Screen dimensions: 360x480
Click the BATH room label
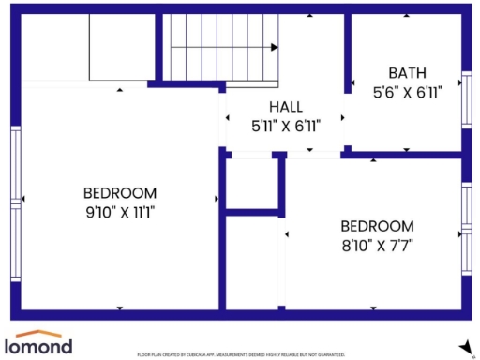pos(408,72)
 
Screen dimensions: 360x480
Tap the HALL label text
pos(285,106)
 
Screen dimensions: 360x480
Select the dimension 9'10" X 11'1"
pos(119,212)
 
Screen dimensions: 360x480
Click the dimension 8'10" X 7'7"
pos(376,245)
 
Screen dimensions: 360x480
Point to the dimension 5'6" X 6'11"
pos(408,92)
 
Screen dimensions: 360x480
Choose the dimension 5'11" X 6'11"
pos(285,125)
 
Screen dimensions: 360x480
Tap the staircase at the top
pos(223,47)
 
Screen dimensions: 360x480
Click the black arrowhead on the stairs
pos(275,47)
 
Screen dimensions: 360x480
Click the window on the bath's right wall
pos(466,97)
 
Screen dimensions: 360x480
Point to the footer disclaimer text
pos(241,355)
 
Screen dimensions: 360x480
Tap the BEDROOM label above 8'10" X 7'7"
pos(376,226)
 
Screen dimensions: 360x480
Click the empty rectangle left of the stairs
pos(127,47)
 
